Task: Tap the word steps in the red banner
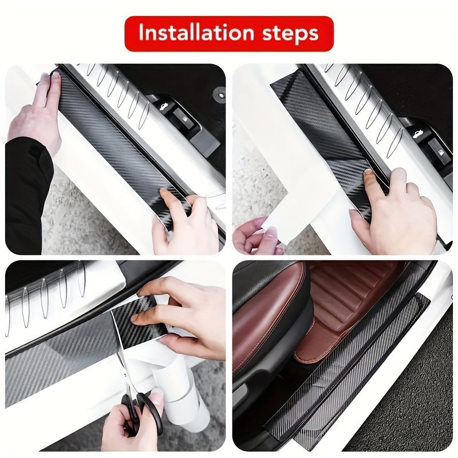tap(291, 34)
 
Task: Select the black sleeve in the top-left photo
tap(26, 189)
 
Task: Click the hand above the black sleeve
tap(40, 114)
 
